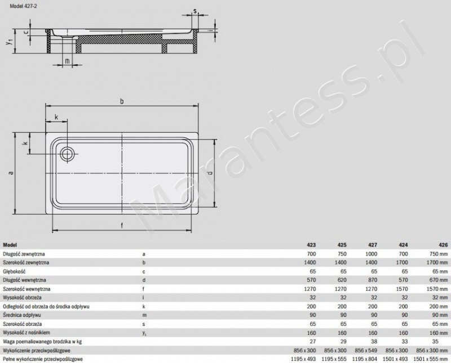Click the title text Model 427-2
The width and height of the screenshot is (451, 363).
(17, 5)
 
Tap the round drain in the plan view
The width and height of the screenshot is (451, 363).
(67, 152)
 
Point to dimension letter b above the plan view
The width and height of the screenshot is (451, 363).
(121, 100)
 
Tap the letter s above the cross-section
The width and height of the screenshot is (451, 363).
(194, 10)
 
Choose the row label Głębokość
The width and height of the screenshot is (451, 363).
(16, 271)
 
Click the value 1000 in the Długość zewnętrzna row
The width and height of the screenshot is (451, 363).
(372, 254)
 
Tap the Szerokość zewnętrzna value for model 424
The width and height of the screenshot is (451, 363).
(404, 262)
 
